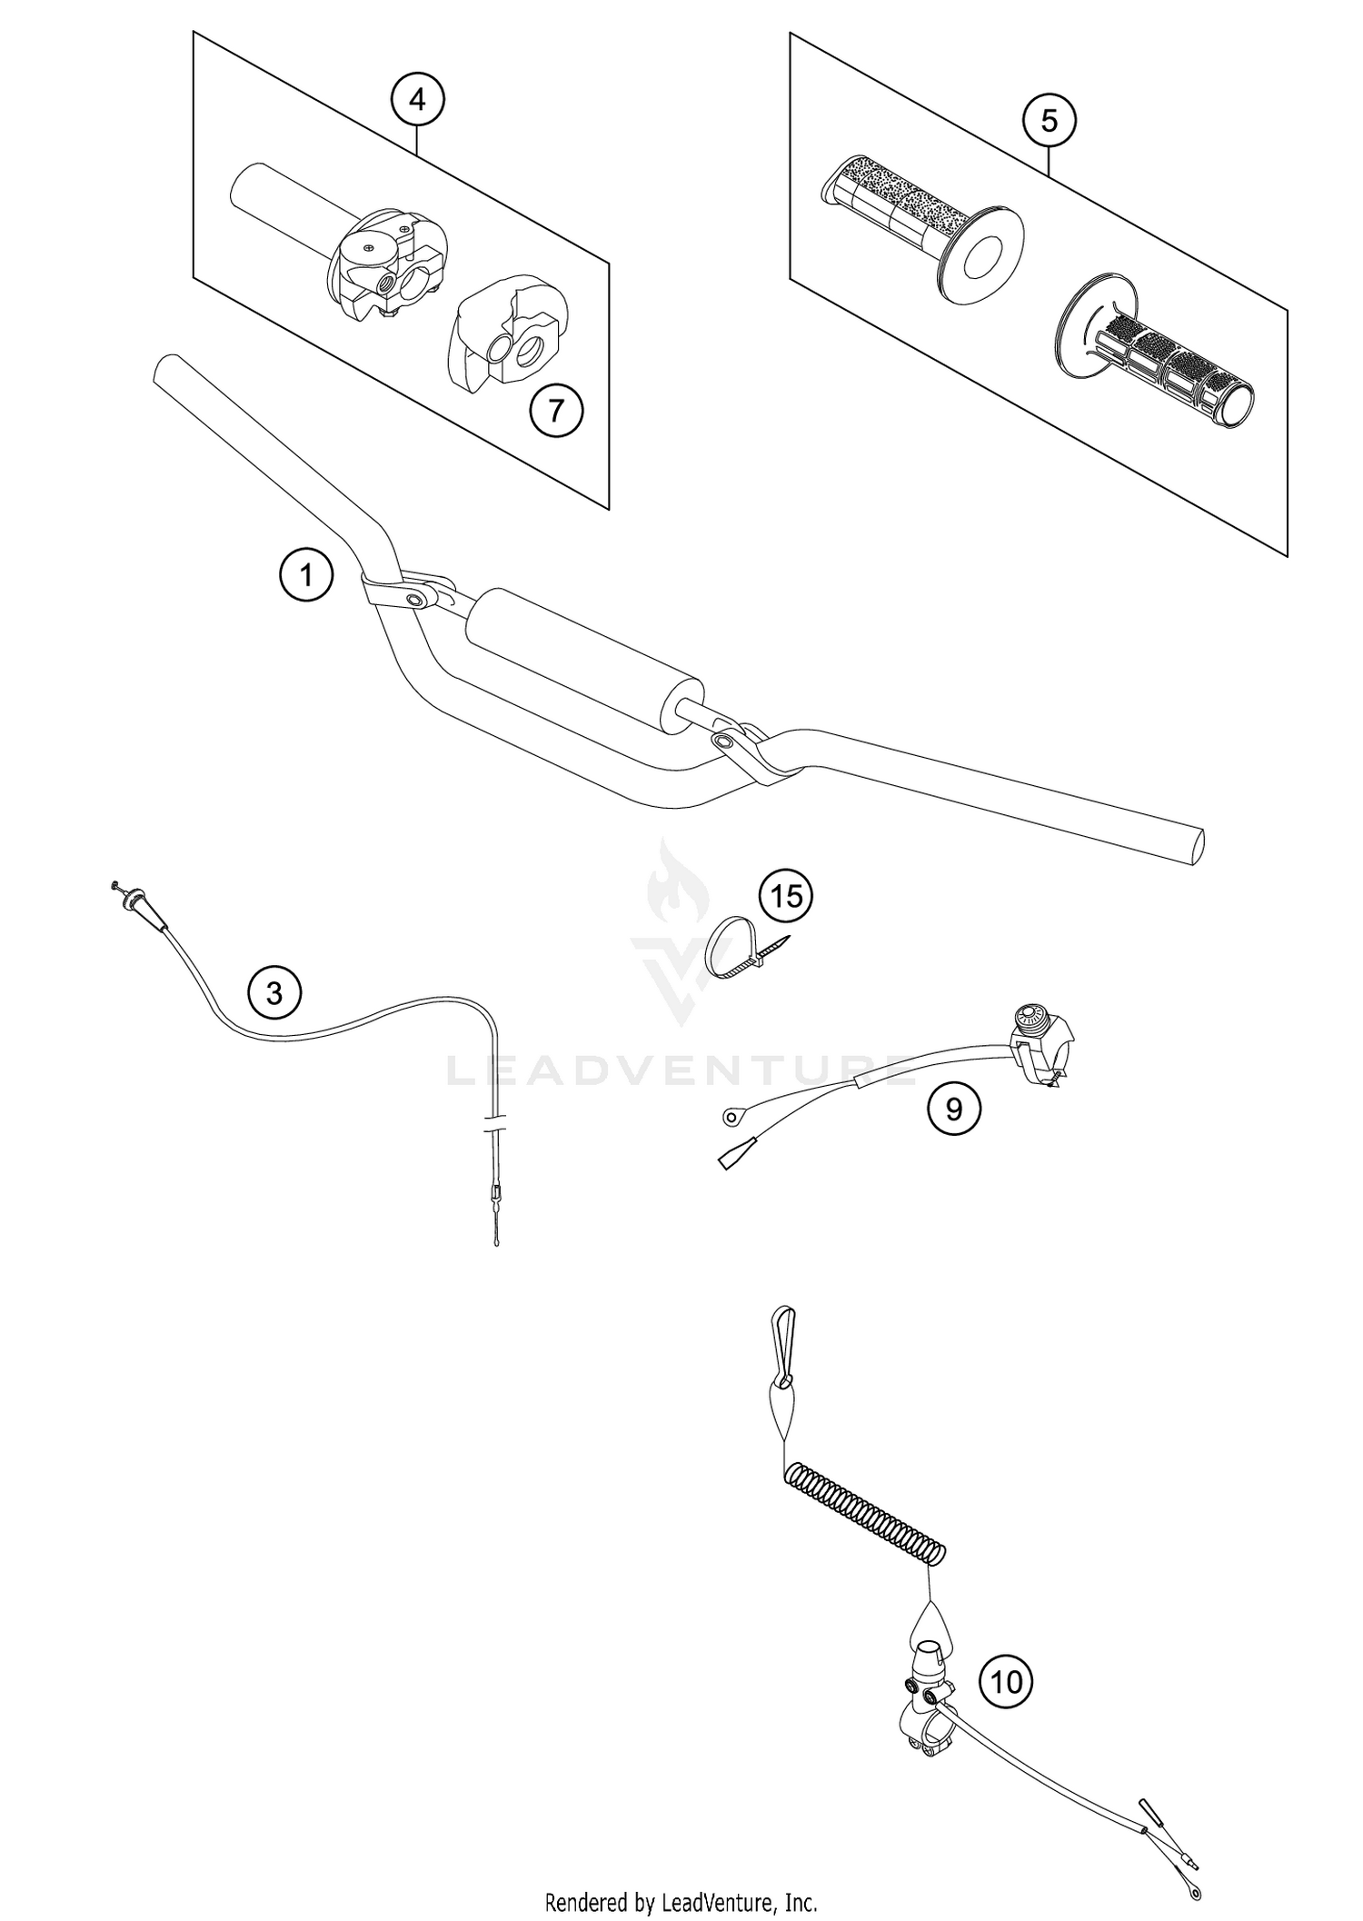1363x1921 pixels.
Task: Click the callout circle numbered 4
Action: click(417, 99)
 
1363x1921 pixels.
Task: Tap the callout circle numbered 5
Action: click(1049, 120)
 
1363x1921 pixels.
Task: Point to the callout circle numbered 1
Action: click(306, 574)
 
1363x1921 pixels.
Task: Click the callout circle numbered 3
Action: click(275, 993)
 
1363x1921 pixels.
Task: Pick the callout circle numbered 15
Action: click(787, 896)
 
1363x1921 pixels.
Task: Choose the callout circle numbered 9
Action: click(953, 1108)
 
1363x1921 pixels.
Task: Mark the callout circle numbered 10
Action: click(1006, 1682)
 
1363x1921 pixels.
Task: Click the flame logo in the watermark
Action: click(668, 876)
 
